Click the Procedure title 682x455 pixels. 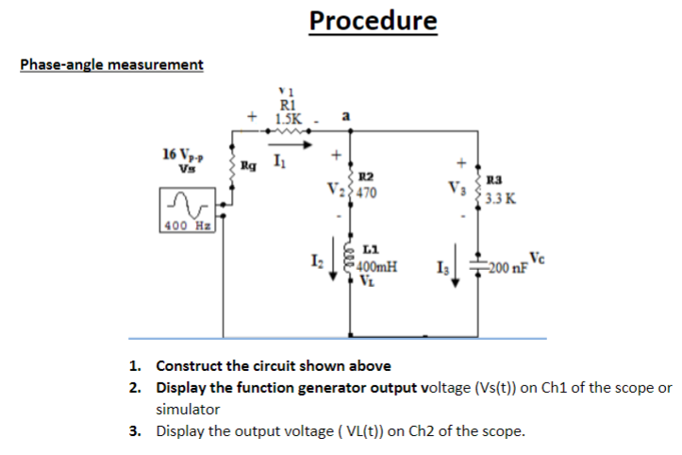[373, 21]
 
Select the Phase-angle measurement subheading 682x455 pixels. [111, 64]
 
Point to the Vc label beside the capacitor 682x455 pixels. [537, 258]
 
